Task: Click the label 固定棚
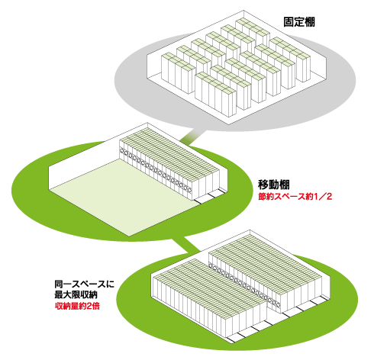point(299,22)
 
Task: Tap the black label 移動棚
point(274,185)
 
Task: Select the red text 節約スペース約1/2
point(295,197)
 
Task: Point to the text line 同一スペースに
point(85,284)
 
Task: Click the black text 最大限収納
point(76,294)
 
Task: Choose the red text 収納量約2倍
point(77,306)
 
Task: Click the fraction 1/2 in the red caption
point(323,197)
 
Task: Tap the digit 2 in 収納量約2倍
point(89,306)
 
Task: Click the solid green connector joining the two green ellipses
point(185,245)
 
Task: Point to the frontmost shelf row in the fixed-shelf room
point(215,94)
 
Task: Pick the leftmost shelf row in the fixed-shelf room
point(178,73)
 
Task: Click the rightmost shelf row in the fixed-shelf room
point(290,59)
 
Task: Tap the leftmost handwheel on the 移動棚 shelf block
point(122,151)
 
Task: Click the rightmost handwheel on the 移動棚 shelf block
point(189,189)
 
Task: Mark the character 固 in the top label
point(289,22)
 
